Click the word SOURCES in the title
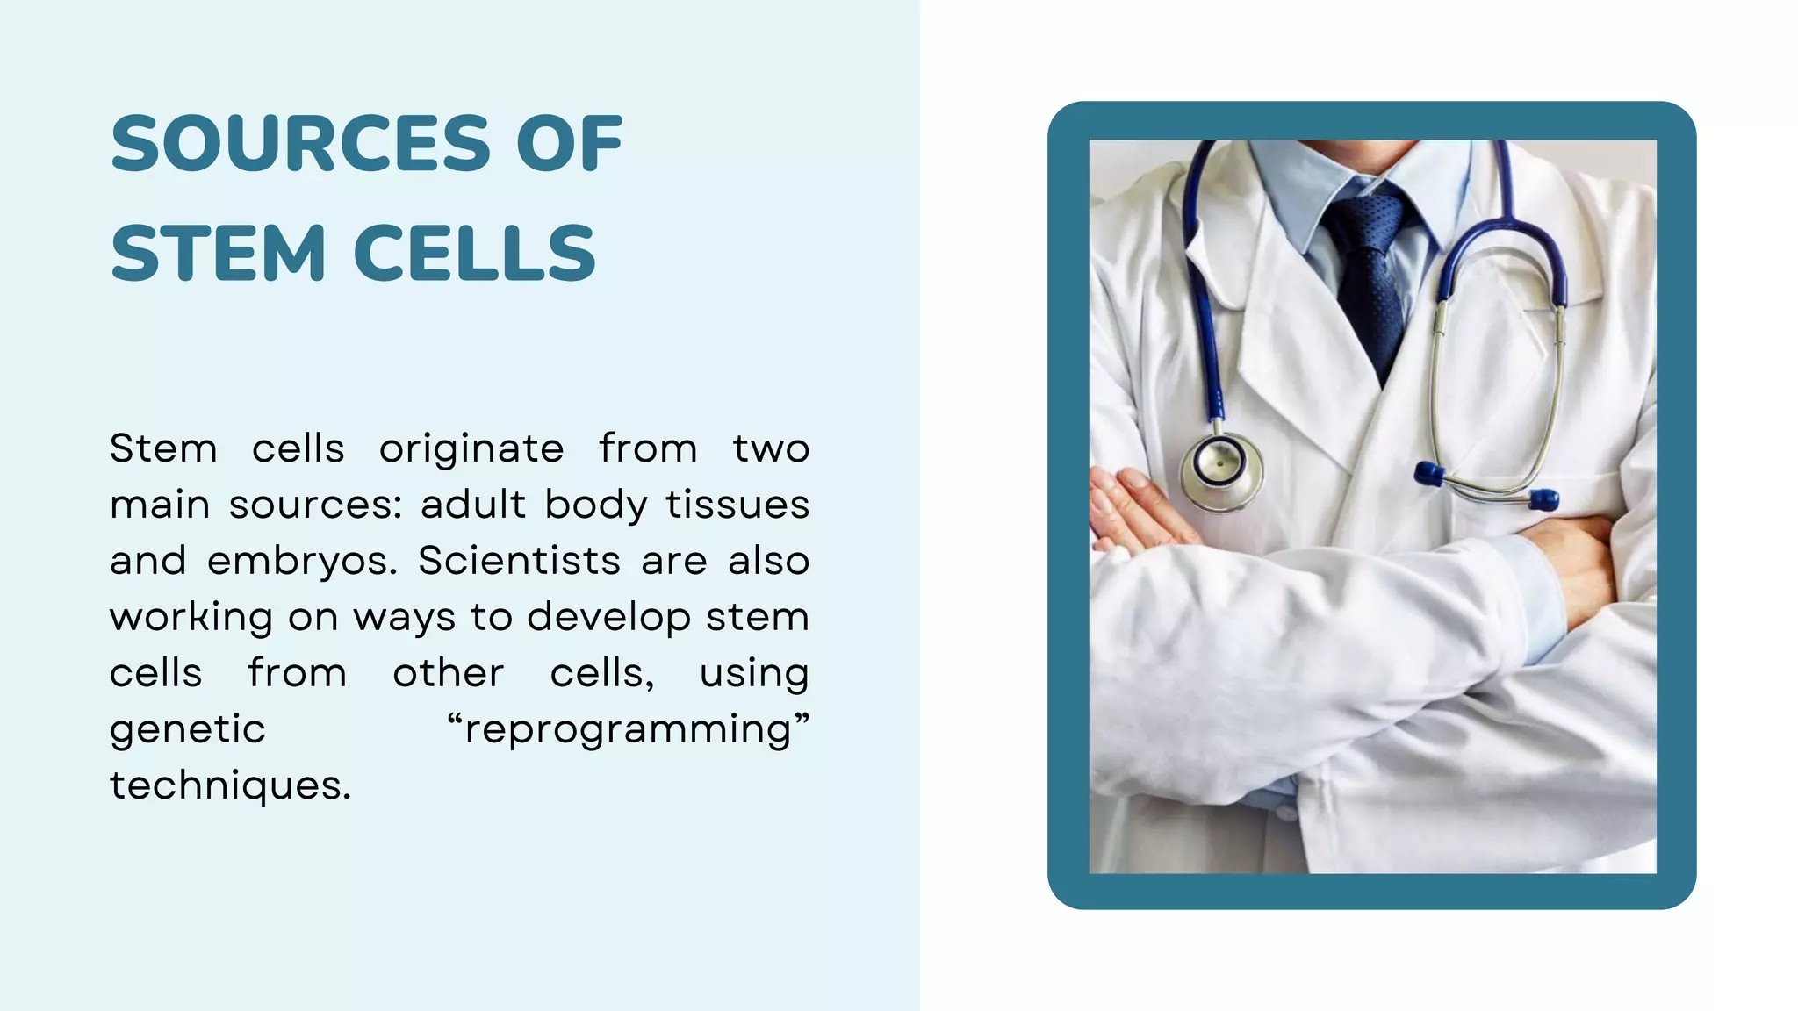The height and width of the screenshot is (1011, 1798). tap(300, 144)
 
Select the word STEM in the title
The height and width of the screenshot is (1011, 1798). tap(219, 254)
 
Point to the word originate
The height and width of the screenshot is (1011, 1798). tap(471, 449)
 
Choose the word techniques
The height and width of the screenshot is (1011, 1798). tap(230, 785)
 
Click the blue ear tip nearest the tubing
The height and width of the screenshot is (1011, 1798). tap(1429, 474)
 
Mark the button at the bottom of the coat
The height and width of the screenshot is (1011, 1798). tap(1286, 813)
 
